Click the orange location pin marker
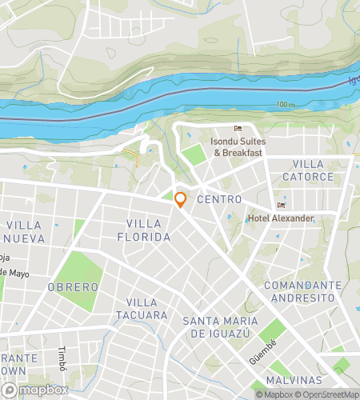(x=181, y=199)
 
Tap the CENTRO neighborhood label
(x=218, y=199)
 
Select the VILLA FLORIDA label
(x=149, y=230)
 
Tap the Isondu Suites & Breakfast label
(x=237, y=146)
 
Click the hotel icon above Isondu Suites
(x=237, y=129)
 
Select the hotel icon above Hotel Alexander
(x=279, y=204)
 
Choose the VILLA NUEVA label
(x=27, y=232)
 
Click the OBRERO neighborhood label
(x=73, y=286)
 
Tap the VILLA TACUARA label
(x=147, y=309)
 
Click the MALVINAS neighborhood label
(x=294, y=380)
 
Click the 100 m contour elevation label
(x=286, y=105)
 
